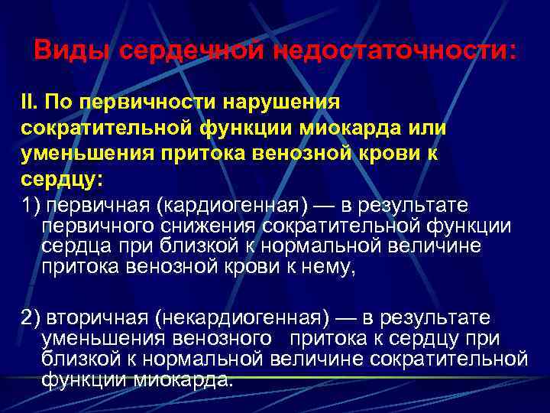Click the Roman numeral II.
pyautogui.click(x=27, y=102)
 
